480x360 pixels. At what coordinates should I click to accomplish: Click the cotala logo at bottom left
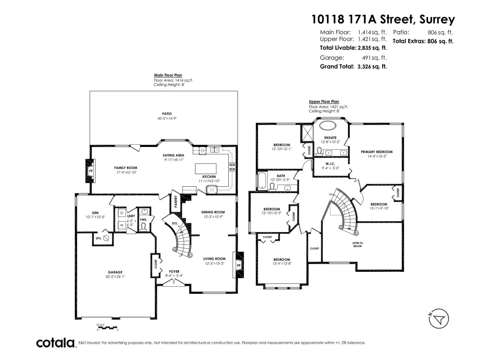pos(55,343)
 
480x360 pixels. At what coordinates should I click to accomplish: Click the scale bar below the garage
pos(108,328)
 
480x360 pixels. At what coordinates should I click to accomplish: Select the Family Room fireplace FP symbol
pos(91,171)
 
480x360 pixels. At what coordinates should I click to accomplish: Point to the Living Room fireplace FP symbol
pos(239,265)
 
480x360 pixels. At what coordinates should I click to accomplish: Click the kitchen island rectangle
pos(205,169)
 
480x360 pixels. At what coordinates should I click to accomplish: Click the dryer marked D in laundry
pos(122,213)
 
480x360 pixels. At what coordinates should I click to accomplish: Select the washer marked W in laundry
pos(122,225)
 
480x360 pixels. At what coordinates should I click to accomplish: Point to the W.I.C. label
pos(330,164)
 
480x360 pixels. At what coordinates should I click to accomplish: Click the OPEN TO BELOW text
pos(358,244)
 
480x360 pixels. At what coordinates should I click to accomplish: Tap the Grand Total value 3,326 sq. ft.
pos(372,67)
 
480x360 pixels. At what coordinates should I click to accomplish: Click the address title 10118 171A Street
pos(383,19)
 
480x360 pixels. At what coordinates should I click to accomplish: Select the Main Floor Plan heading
pos(168,75)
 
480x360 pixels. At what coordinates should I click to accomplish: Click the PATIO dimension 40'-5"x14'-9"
pos(167,118)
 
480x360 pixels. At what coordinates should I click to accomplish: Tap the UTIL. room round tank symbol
pos(106,238)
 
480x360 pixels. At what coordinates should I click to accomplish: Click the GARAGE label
pos(115,272)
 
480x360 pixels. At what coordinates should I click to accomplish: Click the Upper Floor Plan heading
pos(324,102)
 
